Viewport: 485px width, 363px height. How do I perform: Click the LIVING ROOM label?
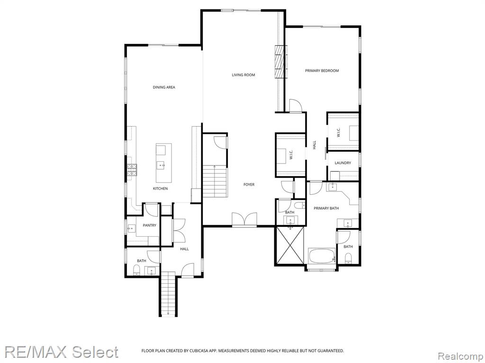pyautogui.click(x=243, y=75)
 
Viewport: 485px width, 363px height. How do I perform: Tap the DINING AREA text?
pyautogui.click(x=164, y=87)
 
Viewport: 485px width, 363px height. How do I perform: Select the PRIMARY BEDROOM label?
pyautogui.click(x=322, y=71)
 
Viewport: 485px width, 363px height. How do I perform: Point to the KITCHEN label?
pyautogui.click(x=160, y=189)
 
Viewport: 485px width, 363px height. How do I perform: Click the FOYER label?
pyautogui.click(x=249, y=184)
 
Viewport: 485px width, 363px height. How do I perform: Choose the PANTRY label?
pyautogui.click(x=149, y=225)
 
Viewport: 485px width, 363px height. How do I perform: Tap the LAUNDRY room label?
pyautogui.click(x=342, y=163)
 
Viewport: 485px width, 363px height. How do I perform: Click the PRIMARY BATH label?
pyautogui.click(x=326, y=208)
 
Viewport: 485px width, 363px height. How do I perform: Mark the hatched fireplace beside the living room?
pyautogui.click(x=280, y=62)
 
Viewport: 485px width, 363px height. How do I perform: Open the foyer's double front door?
pyautogui.click(x=244, y=220)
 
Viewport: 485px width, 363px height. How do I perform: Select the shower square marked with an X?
pyautogui.click(x=289, y=245)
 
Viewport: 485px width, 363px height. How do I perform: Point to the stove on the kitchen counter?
pyautogui.click(x=131, y=169)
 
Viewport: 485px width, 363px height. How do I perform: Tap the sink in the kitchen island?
pyautogui.click(x=161, y=165)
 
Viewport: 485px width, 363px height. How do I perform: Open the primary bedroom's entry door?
pyautogui.click(x=294, y=106)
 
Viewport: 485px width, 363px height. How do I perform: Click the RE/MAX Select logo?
pyautogui.click(x=62, y=352)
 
